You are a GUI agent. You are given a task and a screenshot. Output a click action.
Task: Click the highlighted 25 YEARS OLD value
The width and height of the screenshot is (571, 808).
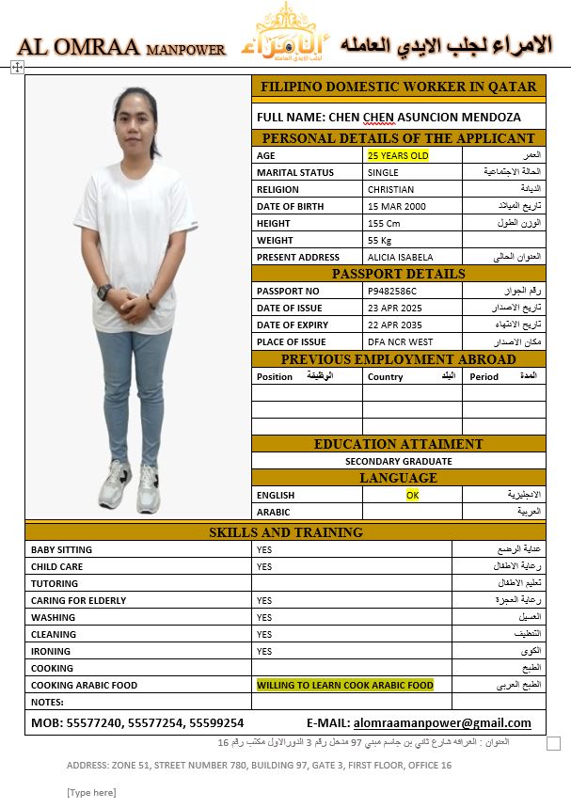pyautogui.click(x=398, y=155)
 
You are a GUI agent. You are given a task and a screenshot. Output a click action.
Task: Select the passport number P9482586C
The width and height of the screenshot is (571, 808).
pyautogui.click(x=392, y=291)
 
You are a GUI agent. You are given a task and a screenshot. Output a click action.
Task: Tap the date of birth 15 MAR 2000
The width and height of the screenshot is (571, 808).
pyautogui.click(x=396, y=206)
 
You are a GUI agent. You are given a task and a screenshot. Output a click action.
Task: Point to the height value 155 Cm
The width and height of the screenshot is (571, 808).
pyautogui.click(x=384, y=223)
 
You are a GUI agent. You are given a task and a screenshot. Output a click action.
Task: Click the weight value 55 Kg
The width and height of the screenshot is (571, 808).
pyautogui.click(x=380, y=240)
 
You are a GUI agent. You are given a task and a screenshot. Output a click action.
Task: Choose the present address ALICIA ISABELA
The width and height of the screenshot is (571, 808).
pyautogui.click(x=400, y=257)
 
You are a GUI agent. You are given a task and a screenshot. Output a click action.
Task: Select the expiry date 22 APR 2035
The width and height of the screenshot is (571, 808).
pyautogui.click(x=395, y=325)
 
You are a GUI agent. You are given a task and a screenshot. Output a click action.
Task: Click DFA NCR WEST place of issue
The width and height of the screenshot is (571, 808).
pyautogui.click(x=400, y=341)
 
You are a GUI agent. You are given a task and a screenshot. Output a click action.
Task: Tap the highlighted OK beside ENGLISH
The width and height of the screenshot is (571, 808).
pyautogui.click(x=412, y=495)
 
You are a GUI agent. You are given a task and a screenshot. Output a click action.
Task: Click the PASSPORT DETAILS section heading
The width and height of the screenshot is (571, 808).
pyautogui.click(x=398, y=274)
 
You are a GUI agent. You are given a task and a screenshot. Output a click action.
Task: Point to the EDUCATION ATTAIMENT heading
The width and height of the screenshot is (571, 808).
pyautogui.click(x=398, y=444)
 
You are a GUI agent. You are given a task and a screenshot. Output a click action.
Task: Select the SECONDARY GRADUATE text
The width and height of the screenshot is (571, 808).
pyautogui.click(x=398, y=461)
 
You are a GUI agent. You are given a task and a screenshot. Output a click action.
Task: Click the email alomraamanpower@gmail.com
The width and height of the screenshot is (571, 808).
pyautogui.click(x=442, y=723)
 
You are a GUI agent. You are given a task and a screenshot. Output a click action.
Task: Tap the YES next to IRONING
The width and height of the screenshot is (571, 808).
pyautogui.click(x=264, y=651)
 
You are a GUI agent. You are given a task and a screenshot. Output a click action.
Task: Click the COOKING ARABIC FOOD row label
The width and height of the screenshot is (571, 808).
pyautogui.click(x=84, y=685)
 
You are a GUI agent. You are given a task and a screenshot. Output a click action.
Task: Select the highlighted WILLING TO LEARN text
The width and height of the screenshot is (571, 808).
pyautogui.click(x=345, y=685)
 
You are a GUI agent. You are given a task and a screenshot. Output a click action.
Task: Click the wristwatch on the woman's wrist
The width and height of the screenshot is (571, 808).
pyautogui.click(x=104, y=292)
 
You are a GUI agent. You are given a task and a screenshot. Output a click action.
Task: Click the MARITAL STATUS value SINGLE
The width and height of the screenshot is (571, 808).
pyautogui.click(x=383, y=172)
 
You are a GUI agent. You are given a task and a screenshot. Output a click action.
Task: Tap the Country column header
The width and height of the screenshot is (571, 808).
pyautogui.click(x=386, y=376)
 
